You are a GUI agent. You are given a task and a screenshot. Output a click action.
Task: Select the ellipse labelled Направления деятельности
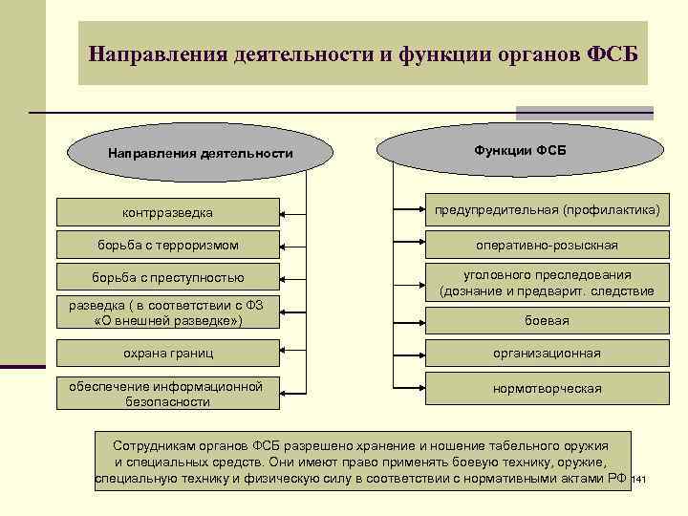point(200,153)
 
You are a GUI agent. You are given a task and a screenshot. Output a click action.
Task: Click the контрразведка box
point(168,211)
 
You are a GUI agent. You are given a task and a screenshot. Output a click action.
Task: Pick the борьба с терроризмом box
point(168,245)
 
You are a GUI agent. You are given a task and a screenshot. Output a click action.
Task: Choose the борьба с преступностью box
point(168,278)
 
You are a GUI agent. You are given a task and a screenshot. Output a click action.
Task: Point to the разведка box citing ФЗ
point(168,313)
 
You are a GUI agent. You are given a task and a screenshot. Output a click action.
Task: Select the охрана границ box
point(168,353)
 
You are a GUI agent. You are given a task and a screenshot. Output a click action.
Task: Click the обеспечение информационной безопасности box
point(168,394)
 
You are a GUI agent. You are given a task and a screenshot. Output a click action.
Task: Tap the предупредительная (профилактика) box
point(547,208)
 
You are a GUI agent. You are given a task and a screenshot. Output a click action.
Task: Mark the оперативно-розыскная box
point(547,245)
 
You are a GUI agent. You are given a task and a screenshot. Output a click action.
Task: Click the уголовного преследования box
point(547,283)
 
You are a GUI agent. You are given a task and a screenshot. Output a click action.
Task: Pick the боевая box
point(547,320)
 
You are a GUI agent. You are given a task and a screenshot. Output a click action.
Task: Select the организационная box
point(547,353)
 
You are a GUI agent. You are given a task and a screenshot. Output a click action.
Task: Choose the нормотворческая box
point(547,389)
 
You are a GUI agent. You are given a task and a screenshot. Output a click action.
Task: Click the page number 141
point(640,478)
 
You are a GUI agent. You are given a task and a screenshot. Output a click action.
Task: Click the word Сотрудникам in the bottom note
point(154,446)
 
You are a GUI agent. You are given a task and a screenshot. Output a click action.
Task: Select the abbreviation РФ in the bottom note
point(616,476)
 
